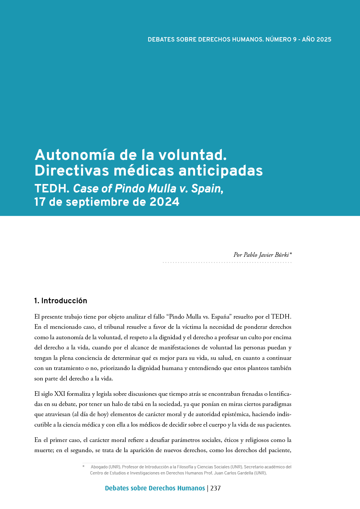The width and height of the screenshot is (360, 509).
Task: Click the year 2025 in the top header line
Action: (x=324, y=39)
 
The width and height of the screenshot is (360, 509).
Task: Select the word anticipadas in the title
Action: (x=221, y=171)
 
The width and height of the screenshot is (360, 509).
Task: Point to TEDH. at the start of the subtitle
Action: (x=52, y=189)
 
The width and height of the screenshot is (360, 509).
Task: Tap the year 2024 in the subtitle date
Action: (x=164, y=202)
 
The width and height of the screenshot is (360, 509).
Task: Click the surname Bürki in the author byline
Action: (x=281, y=255)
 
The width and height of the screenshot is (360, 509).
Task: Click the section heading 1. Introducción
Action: (x=61, y=301)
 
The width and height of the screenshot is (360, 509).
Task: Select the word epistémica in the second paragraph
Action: (x=234, y=414)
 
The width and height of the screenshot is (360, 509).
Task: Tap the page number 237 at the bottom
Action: (x=215, y=488)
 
